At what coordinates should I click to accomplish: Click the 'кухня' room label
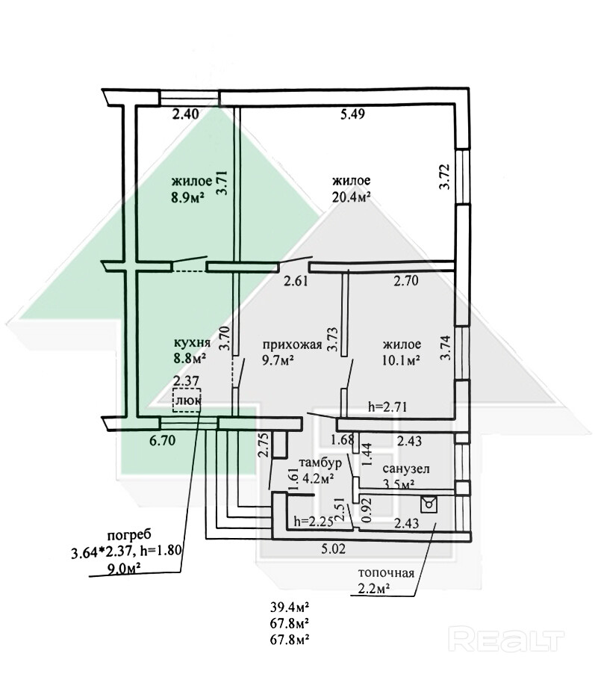[192, 343]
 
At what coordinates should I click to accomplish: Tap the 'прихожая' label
[292, 345]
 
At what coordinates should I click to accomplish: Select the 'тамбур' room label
[321, 463]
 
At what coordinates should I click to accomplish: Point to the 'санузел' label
[406, 469]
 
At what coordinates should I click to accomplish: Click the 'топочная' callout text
[386, 573]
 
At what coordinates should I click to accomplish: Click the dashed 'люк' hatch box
[187, 400]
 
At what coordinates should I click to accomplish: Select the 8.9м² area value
[188, 198]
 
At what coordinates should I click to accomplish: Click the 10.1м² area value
[401, 360]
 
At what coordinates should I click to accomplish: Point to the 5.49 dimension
[352, 114]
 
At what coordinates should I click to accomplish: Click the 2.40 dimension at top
[185, 114]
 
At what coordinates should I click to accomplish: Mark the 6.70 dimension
[162, 441]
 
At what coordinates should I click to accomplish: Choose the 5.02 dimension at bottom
[334, 548]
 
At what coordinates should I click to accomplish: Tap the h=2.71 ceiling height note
[387, 407]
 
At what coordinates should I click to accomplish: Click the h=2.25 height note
[314, 521]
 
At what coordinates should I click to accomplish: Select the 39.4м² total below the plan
[290, 606]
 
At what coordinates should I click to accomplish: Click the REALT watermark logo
[506, 639]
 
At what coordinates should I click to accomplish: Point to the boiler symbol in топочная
[429, 505]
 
